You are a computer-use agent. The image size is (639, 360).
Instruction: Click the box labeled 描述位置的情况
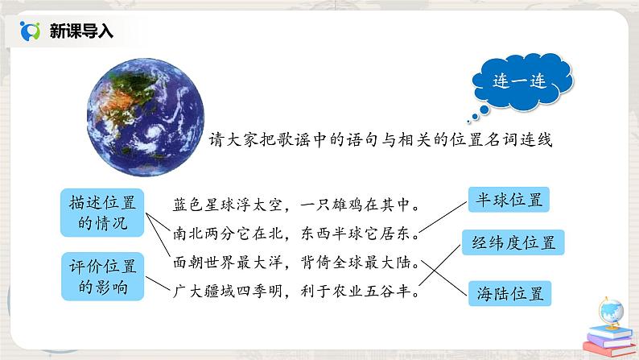pyautogui.click(x=93, y=212)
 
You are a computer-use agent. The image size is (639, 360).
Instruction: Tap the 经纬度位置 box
pyautogui.click(x=513, y=242)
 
